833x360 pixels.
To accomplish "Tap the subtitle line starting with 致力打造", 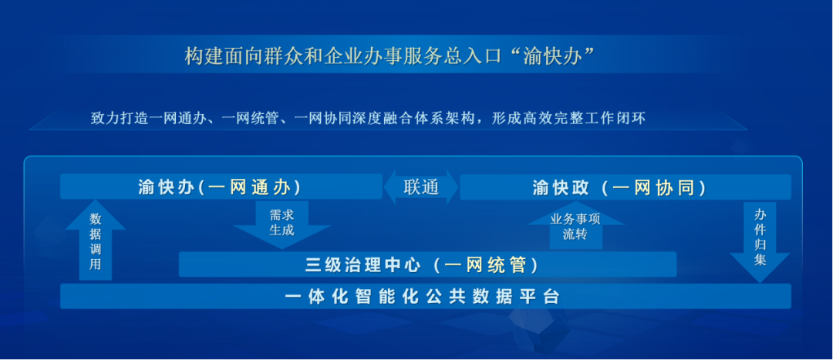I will click(367, 118).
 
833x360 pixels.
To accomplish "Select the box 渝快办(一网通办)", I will click(220, 187).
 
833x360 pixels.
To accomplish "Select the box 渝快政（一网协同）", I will click(625, 187).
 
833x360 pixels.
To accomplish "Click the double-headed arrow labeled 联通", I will click(421, 187).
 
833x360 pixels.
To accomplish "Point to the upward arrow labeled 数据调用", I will click(95, 244).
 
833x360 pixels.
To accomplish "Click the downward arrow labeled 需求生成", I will click(282, 224).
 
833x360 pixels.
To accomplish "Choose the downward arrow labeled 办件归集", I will click(760, 239).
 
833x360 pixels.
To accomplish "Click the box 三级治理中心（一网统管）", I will click(427, 265).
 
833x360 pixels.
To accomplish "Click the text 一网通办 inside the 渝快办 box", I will click(251, 187).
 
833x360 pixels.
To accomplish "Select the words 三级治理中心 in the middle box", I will click(363, 265).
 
